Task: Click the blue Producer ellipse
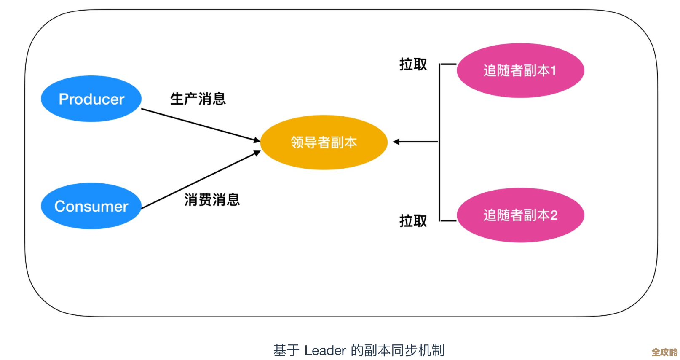91,99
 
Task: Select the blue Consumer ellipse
91,206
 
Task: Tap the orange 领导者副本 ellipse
324,142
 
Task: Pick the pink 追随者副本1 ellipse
520,70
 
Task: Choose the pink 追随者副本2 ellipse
520,215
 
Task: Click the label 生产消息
198,99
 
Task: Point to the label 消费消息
212,199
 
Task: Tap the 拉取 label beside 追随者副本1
413,64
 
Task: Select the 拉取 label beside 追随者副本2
413,220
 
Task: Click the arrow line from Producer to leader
198,124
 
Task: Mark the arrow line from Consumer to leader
198,180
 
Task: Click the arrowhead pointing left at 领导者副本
396,142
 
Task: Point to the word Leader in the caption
325,350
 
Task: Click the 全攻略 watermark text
664,352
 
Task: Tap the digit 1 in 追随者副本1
553,70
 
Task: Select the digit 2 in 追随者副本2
554,215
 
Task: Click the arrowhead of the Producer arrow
257,140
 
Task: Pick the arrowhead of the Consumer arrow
257,153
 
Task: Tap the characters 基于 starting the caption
286,350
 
